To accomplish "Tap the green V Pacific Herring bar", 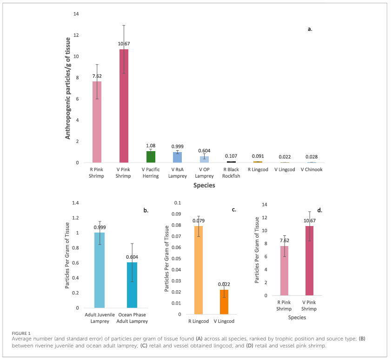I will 151,157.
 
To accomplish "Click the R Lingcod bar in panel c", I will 198,270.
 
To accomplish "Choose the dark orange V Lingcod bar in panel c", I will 225,302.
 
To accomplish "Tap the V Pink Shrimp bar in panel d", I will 309,260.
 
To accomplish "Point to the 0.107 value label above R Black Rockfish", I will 232,156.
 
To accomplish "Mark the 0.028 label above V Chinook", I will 312,157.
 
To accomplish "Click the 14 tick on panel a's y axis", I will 76,14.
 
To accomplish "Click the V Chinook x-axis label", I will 312,169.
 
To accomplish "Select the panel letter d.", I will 320,210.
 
